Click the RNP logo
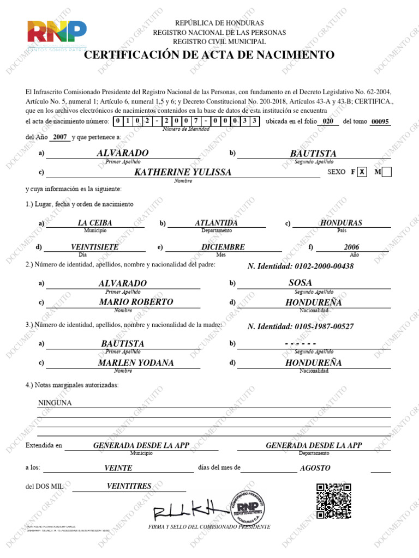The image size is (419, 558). tap(57, 34)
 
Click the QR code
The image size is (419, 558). tap(334, 500)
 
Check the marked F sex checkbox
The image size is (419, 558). tap(362, 172)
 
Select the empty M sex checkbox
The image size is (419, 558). tap(387, 172)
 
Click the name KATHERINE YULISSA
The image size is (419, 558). tap(183, 172)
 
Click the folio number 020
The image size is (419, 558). tap(328, 122)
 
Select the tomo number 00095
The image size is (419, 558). tap(380, 122)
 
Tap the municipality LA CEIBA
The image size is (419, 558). tap(95, 223)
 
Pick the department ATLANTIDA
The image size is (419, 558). tap(216, 223)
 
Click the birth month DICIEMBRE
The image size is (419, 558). tap(223, 247)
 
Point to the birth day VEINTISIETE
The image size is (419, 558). tap(95, 247)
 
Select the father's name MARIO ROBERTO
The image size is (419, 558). tap(136, 302)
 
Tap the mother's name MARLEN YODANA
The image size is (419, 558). tap(136, 363)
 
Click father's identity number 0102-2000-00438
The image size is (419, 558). tap(300, 266)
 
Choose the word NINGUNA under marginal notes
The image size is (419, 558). tap(55, 403)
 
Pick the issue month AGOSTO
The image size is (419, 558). tap(315, 468)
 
